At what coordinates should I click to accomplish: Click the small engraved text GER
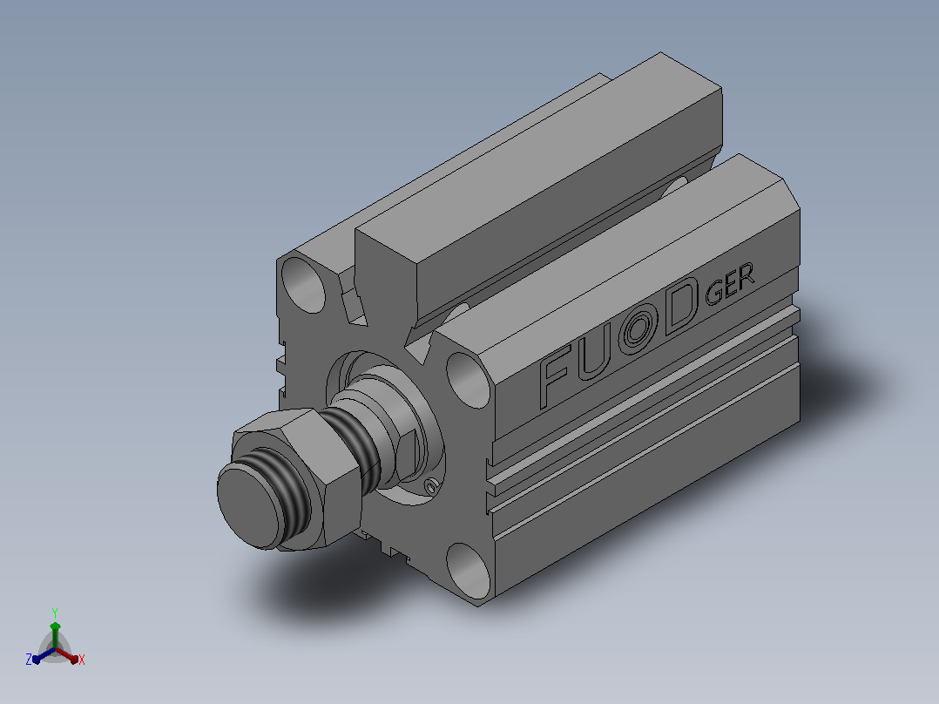click(729, 284)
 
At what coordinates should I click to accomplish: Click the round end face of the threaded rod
click(247, 506)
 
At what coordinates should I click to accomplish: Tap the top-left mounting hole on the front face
click(303, 285)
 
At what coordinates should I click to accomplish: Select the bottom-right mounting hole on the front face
click(469, 571)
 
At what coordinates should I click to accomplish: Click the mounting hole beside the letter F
click(469, 381)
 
